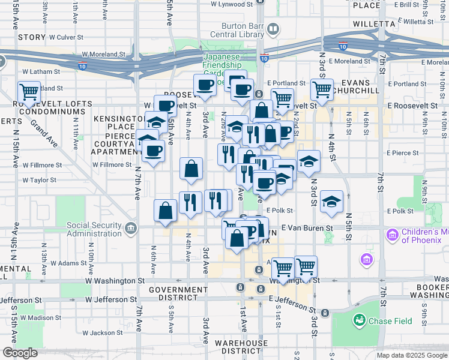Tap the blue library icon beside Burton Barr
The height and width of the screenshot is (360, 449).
point(273,29)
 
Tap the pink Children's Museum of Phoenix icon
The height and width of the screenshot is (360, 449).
point(393,234)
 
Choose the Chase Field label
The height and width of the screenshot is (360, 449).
point(390,321)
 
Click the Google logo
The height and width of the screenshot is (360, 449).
point(20,353)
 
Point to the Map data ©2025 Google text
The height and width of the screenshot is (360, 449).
point(412,355)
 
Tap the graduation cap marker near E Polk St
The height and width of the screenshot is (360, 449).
point(331,202)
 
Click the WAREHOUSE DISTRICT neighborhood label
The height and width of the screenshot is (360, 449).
point(243,347)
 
